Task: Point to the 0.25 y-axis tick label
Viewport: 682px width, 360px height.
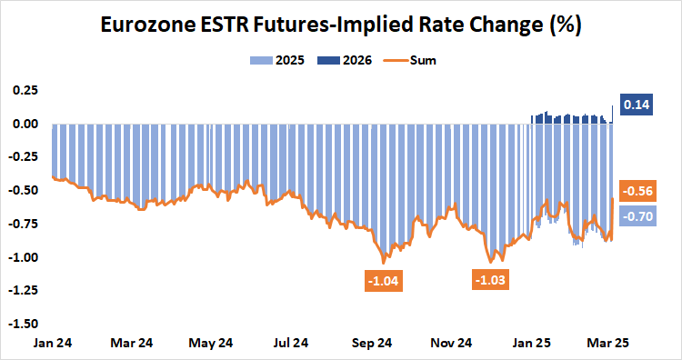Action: (x=25, y=91)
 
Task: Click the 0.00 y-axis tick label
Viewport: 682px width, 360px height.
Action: (x=25, y=124)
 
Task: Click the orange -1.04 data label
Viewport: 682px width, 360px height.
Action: (x=383, y=281)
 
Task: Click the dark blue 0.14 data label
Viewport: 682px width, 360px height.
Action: (x=637, y=105)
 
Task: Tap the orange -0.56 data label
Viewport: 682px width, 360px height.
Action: (x=637, y=193)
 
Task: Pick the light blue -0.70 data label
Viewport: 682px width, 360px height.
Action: (x=637, y=216)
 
